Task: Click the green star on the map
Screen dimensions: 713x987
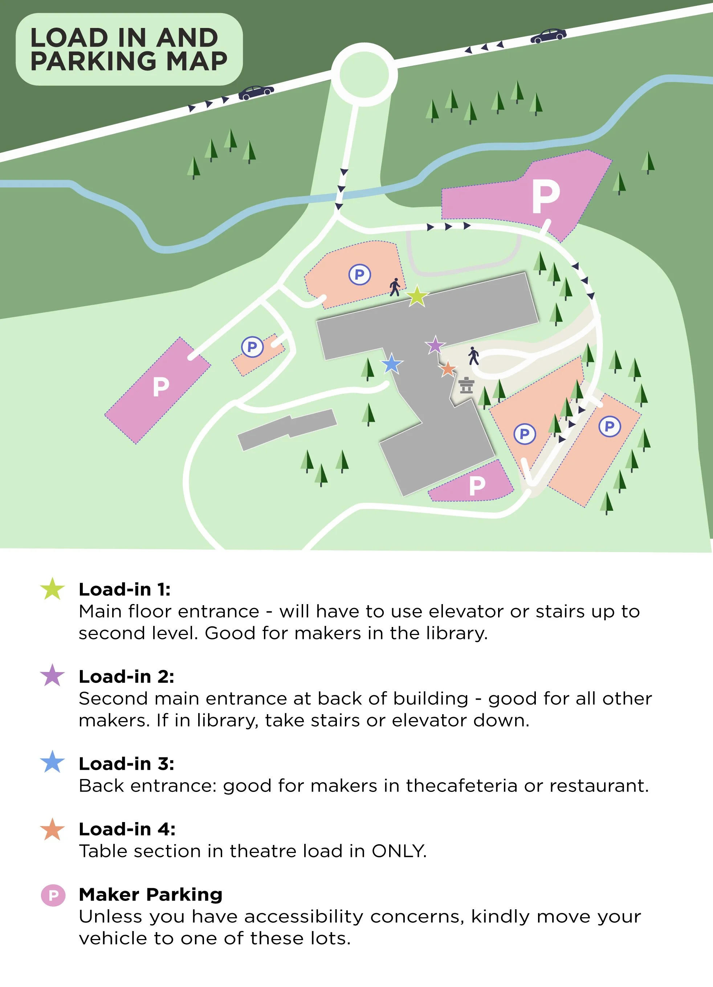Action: [417, 296]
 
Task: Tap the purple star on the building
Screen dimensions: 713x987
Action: [435, 345]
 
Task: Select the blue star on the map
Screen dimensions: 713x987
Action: [391, 364]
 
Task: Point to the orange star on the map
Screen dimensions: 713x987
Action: [447, 369]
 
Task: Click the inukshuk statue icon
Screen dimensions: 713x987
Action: [466, 385]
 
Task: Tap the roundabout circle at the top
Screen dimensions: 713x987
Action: [364, 74]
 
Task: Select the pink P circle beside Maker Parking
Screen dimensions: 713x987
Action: [53, 895]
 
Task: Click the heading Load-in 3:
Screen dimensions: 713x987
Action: [126, 764]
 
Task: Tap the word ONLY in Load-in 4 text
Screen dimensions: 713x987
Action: [399, 851]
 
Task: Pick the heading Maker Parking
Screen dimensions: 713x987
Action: [151, 895]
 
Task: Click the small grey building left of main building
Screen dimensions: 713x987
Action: [287, 429]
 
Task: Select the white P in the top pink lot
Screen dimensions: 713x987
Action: [546, 197]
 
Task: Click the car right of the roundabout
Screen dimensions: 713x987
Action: [548, 36]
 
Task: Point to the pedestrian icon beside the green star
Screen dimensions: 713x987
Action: [395, 287]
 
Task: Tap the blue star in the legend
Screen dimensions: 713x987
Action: [52, 762]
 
